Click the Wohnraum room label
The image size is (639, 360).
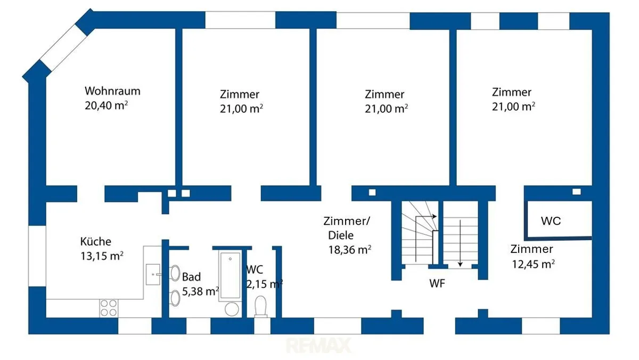tap(112, 91)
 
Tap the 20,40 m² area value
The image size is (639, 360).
tap(106, 105)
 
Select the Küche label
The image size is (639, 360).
tap(95, 241)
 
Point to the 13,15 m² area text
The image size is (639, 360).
tap(102, 256)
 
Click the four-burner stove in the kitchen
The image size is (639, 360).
tap(109, 308)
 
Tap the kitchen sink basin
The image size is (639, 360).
tap(153, 274)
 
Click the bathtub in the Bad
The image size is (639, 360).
tap(230, 275)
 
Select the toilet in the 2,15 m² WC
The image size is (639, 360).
tap(260, 306)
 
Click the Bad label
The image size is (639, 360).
tap(191, 277)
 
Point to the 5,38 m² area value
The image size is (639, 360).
tap(201, 291)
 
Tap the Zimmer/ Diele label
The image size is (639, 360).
tap(346, 228)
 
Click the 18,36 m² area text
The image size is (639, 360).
tap(350, 250)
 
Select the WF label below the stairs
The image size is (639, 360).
tap(437, 283)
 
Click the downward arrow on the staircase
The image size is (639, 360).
tap(460, 243)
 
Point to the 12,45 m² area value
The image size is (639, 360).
tap(533, 264)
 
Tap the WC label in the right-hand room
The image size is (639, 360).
tap(551, 221)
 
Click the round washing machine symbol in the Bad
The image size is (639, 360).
tap(232, 309)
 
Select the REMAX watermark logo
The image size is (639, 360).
tap(318, 345)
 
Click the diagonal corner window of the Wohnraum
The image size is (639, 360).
tap(63, 47)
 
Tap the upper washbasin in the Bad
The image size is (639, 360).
tap(175, 273)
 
